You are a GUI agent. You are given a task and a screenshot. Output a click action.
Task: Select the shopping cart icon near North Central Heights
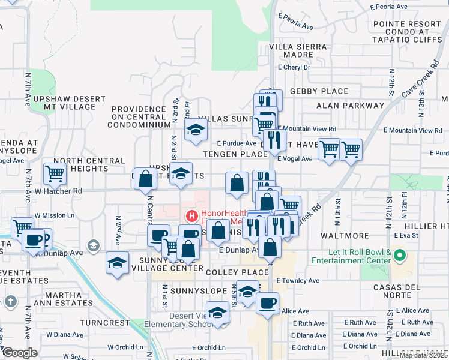pos(55,174)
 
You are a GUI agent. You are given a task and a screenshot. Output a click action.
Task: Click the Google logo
pos(20,353)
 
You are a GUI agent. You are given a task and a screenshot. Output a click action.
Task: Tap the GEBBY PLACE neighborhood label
pos(319,91)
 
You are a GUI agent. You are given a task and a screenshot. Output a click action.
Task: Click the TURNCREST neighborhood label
pos(107,323)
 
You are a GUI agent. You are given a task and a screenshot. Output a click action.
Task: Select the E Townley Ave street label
pos(297,280)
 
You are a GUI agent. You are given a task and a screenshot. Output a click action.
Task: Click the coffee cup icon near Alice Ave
pos(267,302)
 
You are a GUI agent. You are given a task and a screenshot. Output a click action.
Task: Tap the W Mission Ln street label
pos(53,215)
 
